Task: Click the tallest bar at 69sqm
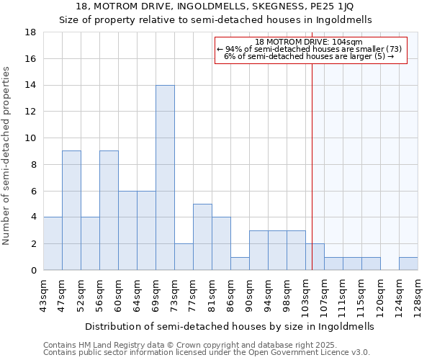(x=165, y=177)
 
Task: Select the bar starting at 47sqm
(x=71, y=210)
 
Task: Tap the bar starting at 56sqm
(x=109, y=210)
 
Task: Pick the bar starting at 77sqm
(x=202, y=237)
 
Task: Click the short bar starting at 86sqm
(x=240, y=264)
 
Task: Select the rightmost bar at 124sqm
(x=408, y=264)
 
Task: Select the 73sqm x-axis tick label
(x=176, y=294)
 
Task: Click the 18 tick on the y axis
(x=30, y=32)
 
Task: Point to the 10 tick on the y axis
(x=30, y=138)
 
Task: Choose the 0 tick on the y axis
(x=33, y=271)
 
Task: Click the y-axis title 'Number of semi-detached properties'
(x=7, y=156)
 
